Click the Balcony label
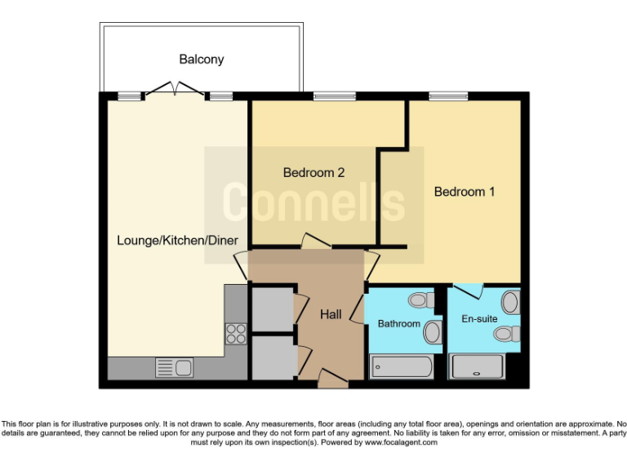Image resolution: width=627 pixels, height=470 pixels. tap(201, 60)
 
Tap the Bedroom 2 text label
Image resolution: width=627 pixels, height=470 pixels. tap(313, 173)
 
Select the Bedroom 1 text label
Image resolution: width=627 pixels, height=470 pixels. tap(464, 193)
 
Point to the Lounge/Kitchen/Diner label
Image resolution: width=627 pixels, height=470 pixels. tap(177, 241)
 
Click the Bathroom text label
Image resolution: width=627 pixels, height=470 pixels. tap(398, 324)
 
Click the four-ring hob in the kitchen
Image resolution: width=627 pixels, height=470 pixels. tap(236, 332)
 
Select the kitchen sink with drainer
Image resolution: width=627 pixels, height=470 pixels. tap(174, 368)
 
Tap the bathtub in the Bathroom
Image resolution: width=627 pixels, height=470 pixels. tap(401, 368)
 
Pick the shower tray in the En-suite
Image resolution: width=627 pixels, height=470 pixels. tap(478, 368)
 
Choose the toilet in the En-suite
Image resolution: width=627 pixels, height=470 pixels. tap(511, 333)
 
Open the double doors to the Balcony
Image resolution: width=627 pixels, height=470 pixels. tap(176, 90)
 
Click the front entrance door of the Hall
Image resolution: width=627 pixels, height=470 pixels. tap(332, 379)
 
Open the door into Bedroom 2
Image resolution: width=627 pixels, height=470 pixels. tap(313, 242)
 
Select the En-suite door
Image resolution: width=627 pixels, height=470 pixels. tap(469, 290)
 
